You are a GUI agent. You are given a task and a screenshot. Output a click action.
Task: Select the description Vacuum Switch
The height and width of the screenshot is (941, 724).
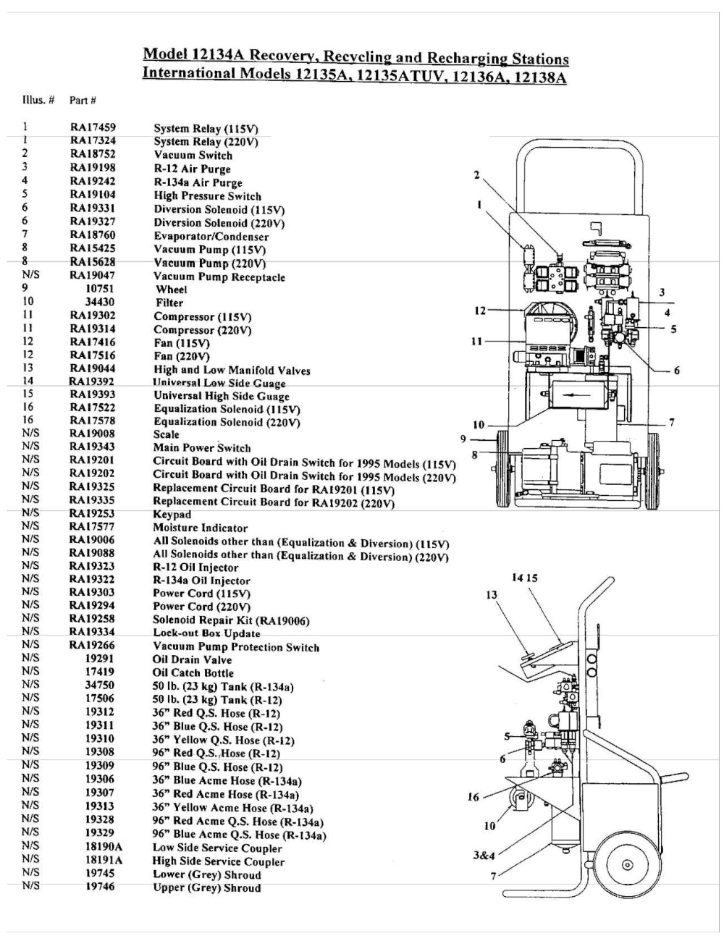(x=193, y=155)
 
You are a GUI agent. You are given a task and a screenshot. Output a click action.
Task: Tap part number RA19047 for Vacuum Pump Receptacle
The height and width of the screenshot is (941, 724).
(x=92, y=275)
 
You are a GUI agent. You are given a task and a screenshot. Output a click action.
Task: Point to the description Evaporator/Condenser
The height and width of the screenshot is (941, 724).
(x=211, y=236)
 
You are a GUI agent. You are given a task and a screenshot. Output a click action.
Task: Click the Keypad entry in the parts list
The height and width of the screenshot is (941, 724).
(x=172, y=514)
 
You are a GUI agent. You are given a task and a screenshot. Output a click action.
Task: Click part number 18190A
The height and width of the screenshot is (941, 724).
(x=104, y=846)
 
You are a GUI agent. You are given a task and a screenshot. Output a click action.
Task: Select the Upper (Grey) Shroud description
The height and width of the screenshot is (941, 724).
(x=206, y=887)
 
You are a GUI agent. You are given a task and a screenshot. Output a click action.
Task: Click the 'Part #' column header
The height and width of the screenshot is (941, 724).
(x=83, y=100)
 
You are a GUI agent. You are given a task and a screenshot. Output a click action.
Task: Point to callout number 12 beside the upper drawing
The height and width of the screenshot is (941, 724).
(x=479, y=311)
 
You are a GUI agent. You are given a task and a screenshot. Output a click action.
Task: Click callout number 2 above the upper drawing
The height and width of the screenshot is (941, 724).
(x=476, y=174)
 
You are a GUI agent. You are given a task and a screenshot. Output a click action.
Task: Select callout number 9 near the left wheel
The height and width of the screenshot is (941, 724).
(x=463, y=438)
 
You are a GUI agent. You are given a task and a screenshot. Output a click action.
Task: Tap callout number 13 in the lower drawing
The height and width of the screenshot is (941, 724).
(x=492, y=594)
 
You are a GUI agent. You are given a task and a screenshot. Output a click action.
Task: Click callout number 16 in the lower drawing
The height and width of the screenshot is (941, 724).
(x=473, y=797)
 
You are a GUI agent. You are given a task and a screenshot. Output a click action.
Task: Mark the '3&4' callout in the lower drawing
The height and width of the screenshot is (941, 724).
(x=484, y=855)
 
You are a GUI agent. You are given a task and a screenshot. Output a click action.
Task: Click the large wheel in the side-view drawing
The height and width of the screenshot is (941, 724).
(x=626, y=864)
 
